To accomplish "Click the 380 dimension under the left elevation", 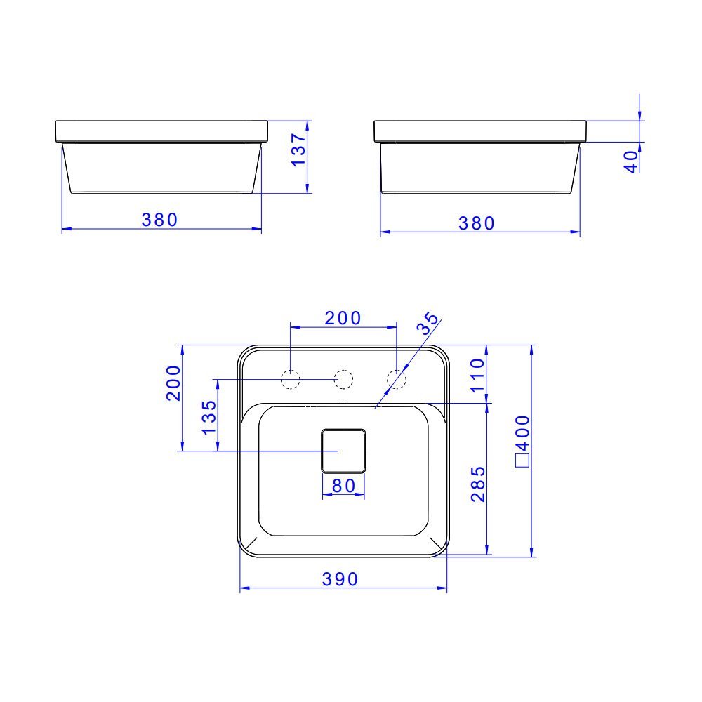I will [160, 220].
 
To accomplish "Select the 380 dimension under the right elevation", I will [477, 223].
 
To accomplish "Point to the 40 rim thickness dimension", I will [631, 161].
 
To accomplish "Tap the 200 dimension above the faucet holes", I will [343, 318].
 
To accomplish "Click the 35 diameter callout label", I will [428, 323].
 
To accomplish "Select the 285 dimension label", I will [477, 484].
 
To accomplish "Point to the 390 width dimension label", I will [340, 579].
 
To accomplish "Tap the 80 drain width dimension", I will [343, 486].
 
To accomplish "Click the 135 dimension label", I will [208, 416].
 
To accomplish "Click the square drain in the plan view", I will [343, 450].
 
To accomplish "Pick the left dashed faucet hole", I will [290, 379].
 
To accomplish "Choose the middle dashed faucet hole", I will [343, 379].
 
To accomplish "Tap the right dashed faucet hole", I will [397, 379].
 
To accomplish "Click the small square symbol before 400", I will [522, 461].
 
